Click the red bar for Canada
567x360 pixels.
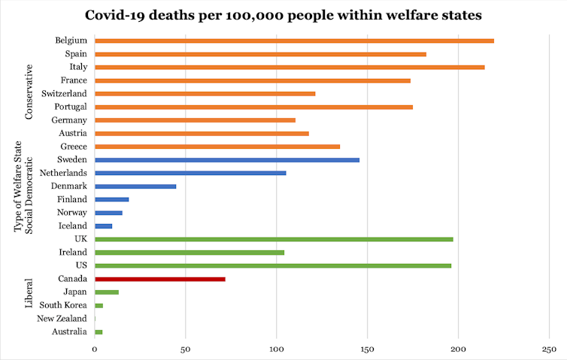pyautogui.click(x=160, y=279)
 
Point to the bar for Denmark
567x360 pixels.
pyautogui.click(x=135, y=186)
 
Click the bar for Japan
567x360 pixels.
pyautogui.click(x=107, y=292)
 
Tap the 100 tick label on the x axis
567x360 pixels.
pyautogui.click(x=277, y=349)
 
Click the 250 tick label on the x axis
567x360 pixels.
pyautogui.click(x=549, y=349)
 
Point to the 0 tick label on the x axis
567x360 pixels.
pyautogui.click(x=95, y=349)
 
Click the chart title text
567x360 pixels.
pyautogui.click(x=283, y=15)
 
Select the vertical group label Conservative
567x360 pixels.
pyautogui.click(x=29, y=92)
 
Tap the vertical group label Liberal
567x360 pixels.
pyautogui.click(x=29, y=294)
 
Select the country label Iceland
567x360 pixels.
pyautogui.click(x=73, y=225)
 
